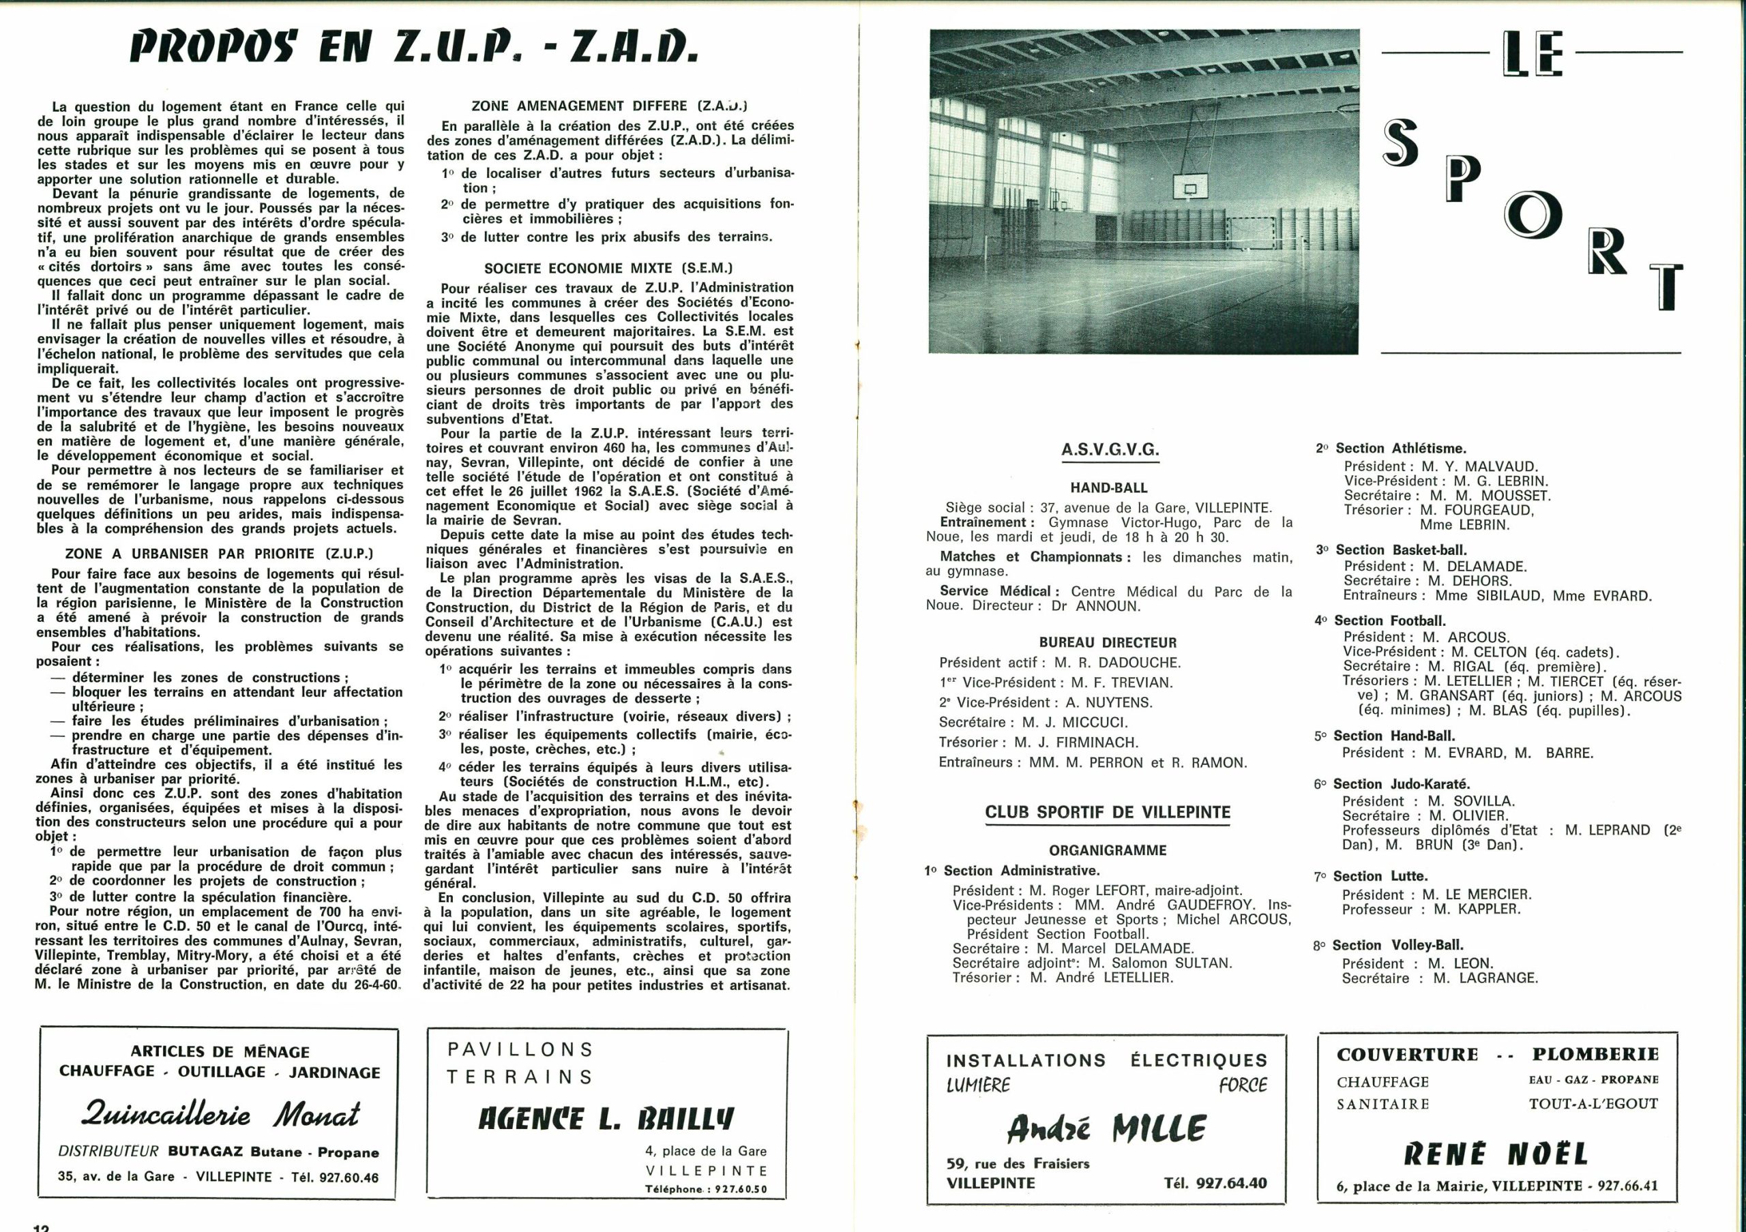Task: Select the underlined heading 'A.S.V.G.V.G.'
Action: [x=1110, y=450]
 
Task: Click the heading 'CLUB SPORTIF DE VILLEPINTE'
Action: [x=1107, y=812]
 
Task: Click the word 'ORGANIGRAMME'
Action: [x=1107, y=850]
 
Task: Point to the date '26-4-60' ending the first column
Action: [x=371, y=985]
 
